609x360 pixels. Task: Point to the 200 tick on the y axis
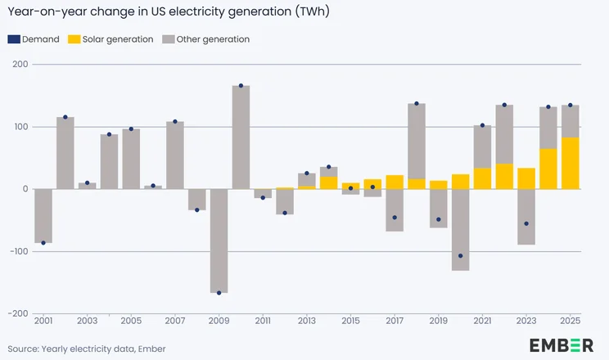17,65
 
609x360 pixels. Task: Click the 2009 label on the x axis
219,320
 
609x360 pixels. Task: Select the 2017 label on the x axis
395,320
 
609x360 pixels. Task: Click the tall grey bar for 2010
241,137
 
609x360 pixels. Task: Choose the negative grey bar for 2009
219,241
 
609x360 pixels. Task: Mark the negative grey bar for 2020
461,230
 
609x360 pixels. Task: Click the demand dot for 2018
417,104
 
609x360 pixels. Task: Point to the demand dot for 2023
526,223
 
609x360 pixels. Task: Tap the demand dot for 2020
461,256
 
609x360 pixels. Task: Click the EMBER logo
561,345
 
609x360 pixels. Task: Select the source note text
87,349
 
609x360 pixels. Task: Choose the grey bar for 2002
65,153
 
